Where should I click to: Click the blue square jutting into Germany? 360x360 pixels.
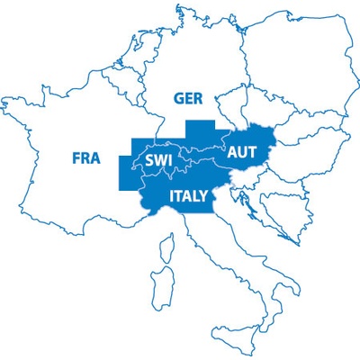pos(201,132)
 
